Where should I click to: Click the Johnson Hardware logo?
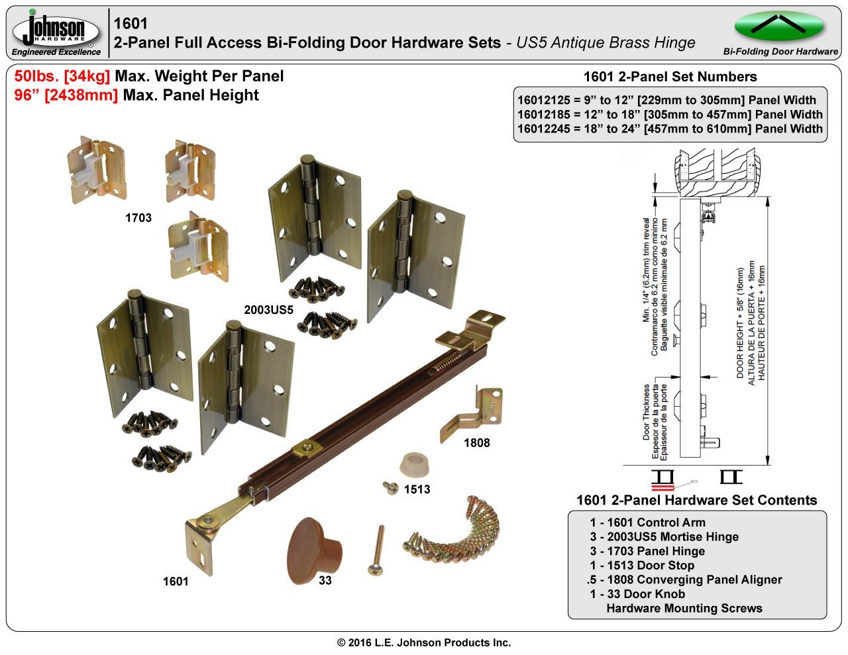(x=56, y=30)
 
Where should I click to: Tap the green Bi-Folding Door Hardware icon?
(x=779, y=26)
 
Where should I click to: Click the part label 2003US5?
(x=268, y=309)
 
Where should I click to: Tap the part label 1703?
(x=138, y=217)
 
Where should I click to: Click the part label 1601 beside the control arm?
(x=176, y=581)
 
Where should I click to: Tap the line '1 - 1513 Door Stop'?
(x=642, y=566)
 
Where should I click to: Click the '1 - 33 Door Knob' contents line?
(x=637, y=594)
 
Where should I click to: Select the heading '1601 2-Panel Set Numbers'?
(x=670, y=77)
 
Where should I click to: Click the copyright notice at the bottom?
(x=424, y=642)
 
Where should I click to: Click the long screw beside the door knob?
(x=376, y=550)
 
